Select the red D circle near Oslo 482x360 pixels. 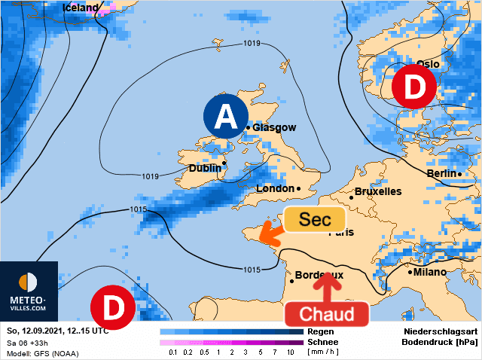click(413, 87)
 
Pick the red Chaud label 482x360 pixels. click(326, 313)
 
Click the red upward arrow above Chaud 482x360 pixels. click(326, 286)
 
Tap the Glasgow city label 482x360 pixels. click(274, 128)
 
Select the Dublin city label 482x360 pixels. click(204, 169)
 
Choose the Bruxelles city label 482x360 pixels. click(377, 191)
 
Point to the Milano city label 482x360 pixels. click(429, 272)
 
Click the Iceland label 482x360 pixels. click(80, 8)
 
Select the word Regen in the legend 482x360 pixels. click(321, 331)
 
